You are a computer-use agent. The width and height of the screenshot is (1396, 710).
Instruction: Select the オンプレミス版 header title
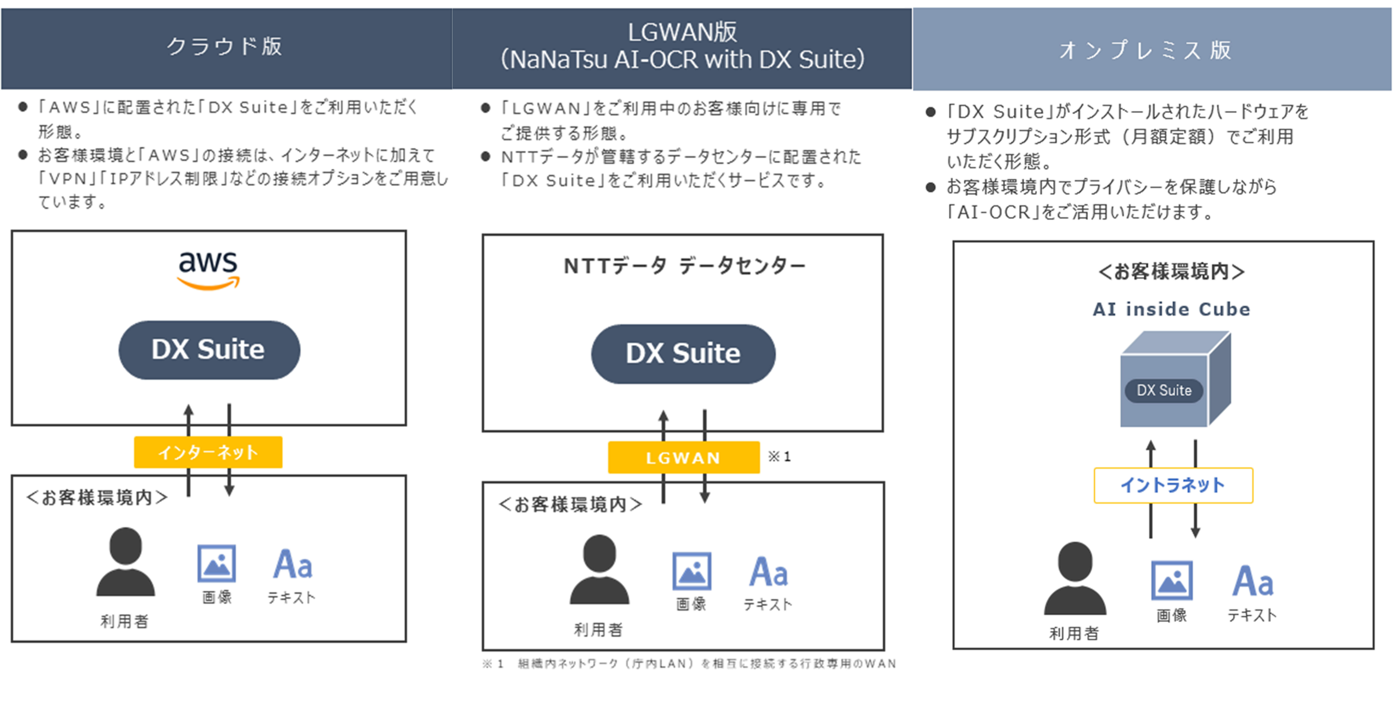click(1146, 50)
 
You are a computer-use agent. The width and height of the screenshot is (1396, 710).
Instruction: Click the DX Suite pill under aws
click(209, 350)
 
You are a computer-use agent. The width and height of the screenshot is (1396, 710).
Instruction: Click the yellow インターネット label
click(208, 452)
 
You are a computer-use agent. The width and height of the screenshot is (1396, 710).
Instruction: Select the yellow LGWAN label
click(683, 458)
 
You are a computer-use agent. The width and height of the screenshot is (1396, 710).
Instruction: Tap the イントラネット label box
click(1173, 485)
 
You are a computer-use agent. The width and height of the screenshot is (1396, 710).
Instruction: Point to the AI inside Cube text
click(1171, 309)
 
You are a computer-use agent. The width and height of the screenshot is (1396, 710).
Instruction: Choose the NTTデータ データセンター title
click(684, 266)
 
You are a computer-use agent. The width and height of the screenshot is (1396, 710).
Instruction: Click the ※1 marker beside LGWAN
click(779, 456)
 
